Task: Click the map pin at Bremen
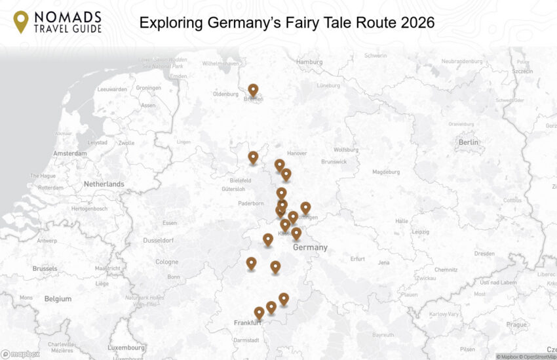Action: tap(253, 90)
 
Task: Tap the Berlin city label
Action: tap(469, 142)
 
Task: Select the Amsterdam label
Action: tap(70, 153)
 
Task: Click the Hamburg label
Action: tap(309, 62)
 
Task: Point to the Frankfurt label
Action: tap(248, 323)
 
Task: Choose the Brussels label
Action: tap(45, 268)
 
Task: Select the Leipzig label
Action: tap(421, 231)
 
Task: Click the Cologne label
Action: tap(167, 262)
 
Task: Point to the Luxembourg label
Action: tap(126, 347)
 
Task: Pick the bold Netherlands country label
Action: tap(104, 184)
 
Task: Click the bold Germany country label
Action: tap(310, 248)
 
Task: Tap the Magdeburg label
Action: tap(385, 172)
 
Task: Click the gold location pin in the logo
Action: tap(21, 22)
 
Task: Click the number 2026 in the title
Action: tap(413, 23)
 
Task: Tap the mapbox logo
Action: tap(20, 354)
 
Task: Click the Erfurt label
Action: tap(357, 258)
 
